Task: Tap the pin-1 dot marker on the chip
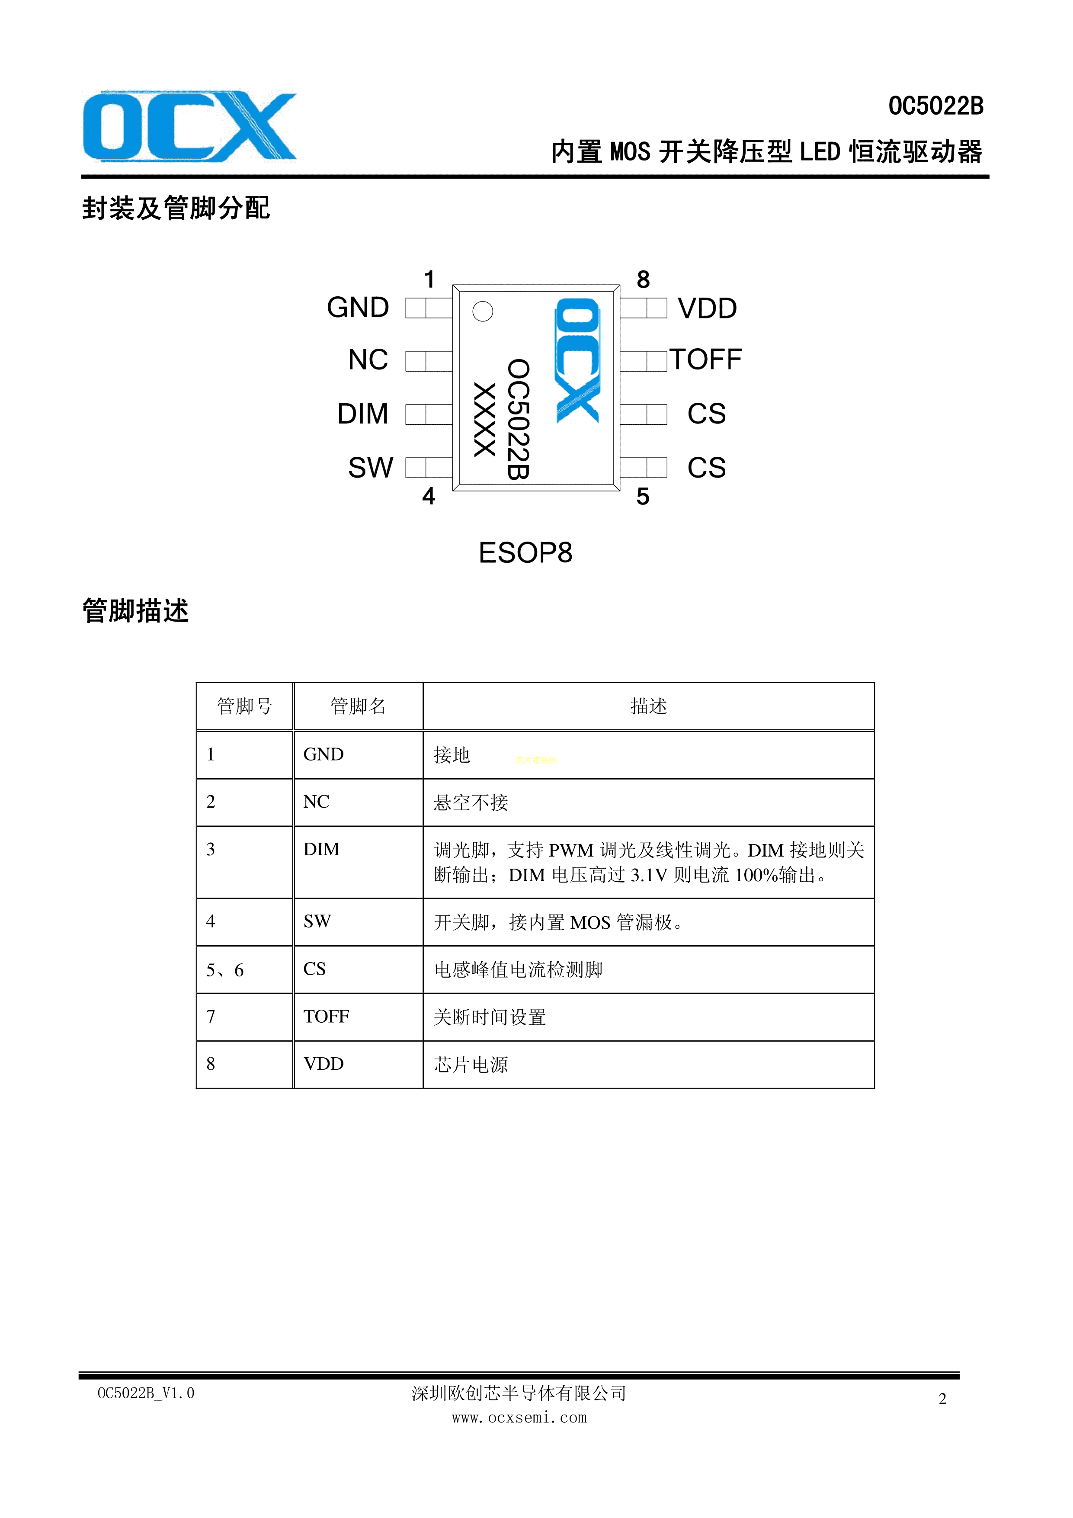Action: tap(483, 311)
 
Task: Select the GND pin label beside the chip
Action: tap(358, 308)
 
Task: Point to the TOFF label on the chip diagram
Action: tap(706, 359)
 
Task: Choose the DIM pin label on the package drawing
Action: tap(363, 414)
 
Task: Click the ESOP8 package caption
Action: tap(525, 553)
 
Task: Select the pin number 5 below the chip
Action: tap(643, 497)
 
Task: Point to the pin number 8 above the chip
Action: tap(643, 279)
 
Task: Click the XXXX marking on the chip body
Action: tap(485, 420)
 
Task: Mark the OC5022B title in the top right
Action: tap(935, 106)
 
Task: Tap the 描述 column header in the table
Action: tap(649, 706)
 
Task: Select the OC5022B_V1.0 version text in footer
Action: tap(146, 1393)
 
